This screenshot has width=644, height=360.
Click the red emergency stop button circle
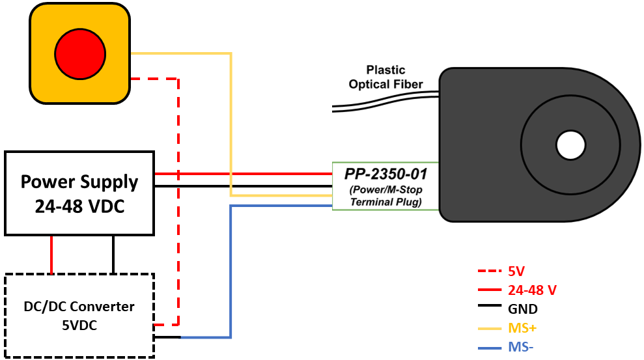(79, 53)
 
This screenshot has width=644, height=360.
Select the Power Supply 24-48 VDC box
(79, 193)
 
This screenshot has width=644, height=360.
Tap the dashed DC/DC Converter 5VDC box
(79, 315)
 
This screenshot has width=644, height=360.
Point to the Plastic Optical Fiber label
(386, 77)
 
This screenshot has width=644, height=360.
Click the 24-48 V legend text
(531, 290)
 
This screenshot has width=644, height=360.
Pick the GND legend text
(522, 309)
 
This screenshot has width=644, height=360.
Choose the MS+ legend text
(522, 329)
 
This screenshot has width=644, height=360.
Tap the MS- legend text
(520, 348)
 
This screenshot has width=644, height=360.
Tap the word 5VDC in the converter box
(79, 325)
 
